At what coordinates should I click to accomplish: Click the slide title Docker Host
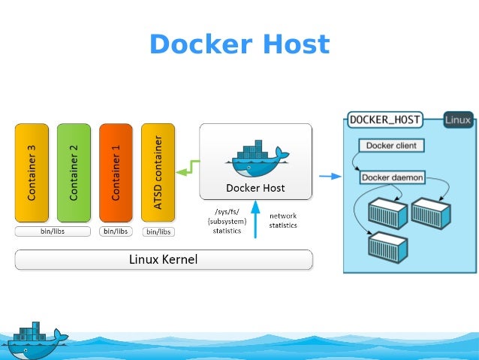coord(239,45)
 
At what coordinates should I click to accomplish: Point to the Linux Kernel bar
coord(164,260)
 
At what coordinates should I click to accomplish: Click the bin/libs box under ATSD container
coord(158,232)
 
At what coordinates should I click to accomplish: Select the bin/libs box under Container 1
coord(116,231)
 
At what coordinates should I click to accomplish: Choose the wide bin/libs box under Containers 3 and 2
coord(53,231)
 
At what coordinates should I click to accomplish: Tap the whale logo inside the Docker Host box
coord(255,157)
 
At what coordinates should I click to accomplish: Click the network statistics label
coord(283,220)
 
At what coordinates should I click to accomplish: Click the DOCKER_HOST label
coord(384,119)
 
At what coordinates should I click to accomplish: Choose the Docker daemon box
coord(393,178)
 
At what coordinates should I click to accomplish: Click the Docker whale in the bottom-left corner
coord(34,342)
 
